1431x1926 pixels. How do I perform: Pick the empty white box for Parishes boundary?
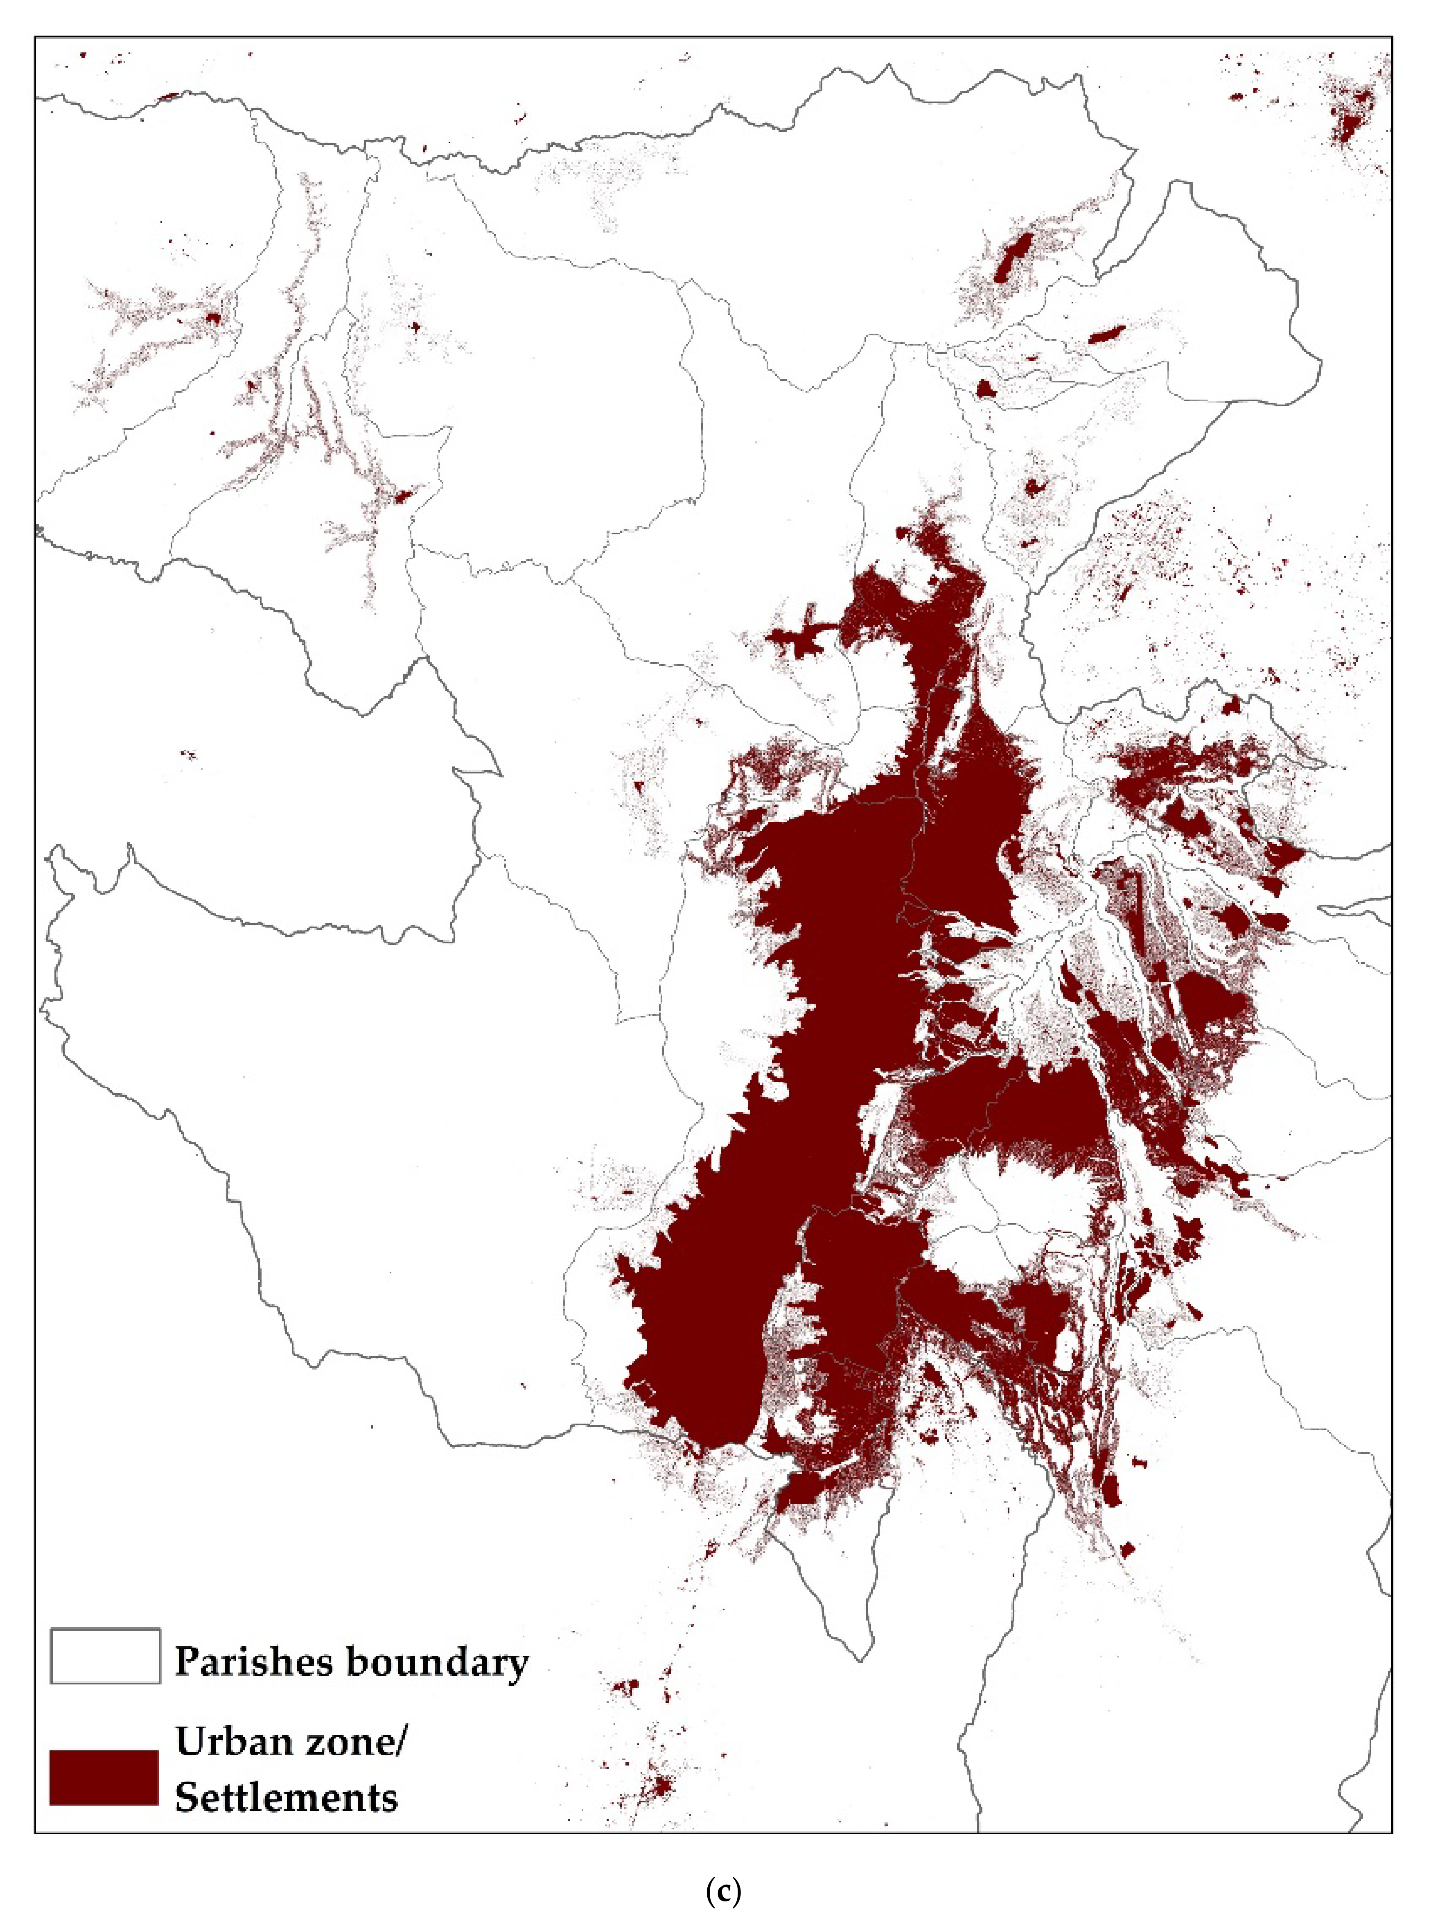pos(105,1657)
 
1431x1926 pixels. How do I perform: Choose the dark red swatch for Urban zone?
pos(104,1778)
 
